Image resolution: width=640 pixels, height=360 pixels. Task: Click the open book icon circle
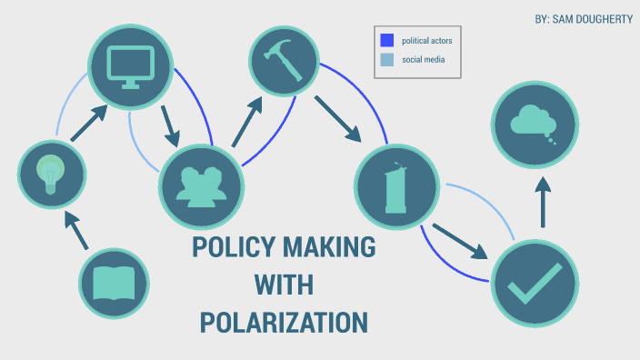114,284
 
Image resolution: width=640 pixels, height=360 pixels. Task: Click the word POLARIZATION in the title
284,322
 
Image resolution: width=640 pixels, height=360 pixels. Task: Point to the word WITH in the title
284,285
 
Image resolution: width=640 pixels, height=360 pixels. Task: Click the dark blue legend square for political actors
386,40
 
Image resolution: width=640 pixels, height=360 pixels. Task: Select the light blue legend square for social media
386,60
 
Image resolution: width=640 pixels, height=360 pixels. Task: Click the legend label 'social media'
424,60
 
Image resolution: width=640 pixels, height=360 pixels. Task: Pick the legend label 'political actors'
427,40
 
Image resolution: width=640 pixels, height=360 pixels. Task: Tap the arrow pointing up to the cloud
544,201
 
